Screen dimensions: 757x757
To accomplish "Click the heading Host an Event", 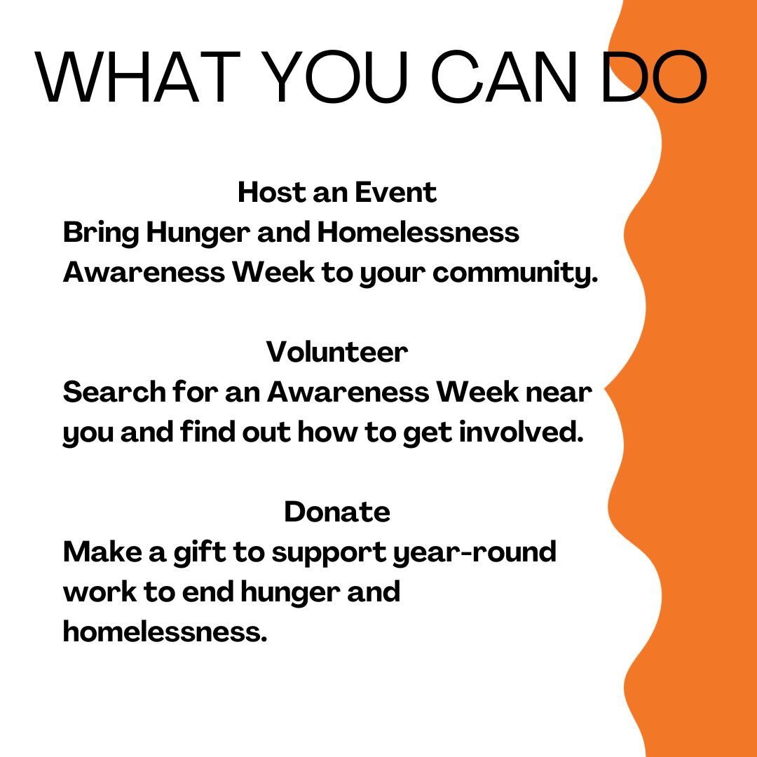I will pyautogui.click(x=337, y=192).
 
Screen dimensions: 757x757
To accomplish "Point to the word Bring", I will pyautogui.click(x=100, y=233).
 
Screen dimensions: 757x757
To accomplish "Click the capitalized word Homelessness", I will pyautogui.click(x=418, y=232).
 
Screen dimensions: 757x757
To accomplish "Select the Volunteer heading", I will pyautogui.click(x=337, y=352).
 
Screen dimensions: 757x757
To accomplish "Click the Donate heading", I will pyautogui.click(x=337, y=512).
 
